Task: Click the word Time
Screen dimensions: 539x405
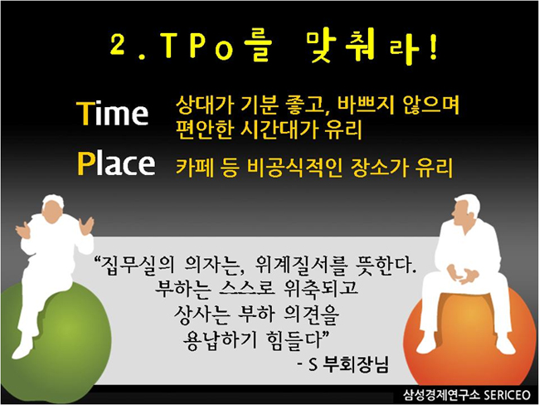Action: point(113,113)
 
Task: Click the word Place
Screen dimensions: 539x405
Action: point(116,163)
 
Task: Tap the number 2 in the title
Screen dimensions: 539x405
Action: point(118,45)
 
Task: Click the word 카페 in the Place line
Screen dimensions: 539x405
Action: point(194,168)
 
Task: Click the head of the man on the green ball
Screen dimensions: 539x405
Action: point(53,209)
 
